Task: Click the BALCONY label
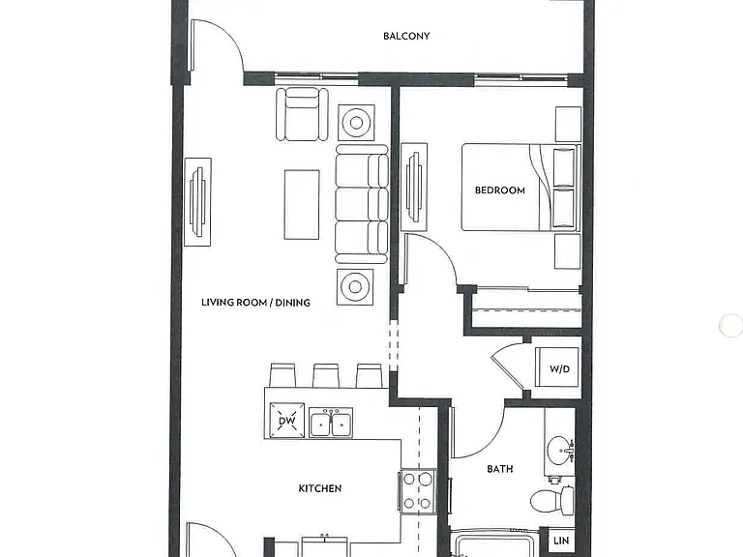coord(406,36)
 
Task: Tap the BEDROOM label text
coord(500,191)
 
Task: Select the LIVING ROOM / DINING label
coord(255,302)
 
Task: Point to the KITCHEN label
coord(320,488)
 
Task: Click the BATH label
coord(500,469)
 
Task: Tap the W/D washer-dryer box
coord(557,367)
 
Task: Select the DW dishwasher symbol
coord(286,420)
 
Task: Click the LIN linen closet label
coord(561,541)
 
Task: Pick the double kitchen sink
coord(331,423)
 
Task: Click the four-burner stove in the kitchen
coord(418,491)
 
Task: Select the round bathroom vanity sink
coord(560,450)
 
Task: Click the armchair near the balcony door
coord(302,114)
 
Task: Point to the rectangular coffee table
coord(302,205)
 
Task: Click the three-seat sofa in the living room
coord(362,204)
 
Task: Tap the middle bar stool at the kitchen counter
coord(326,375)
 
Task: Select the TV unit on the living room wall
coord(197,202)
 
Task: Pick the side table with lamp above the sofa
coord(356,123)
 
